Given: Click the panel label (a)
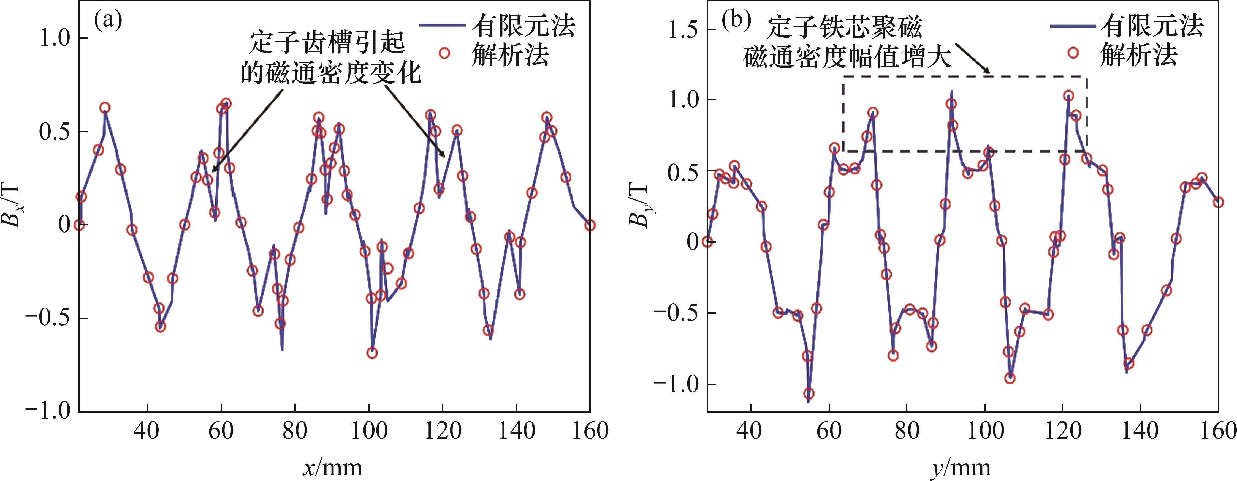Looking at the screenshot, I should click(108, 20).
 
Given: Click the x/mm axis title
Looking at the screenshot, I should click(333, 467).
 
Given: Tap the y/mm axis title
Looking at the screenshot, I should click(961, 467).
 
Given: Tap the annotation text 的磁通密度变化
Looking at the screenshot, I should click(330, 73).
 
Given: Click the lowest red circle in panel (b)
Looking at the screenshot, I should click(809, 393).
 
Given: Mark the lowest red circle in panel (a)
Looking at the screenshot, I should click(372, 353).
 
